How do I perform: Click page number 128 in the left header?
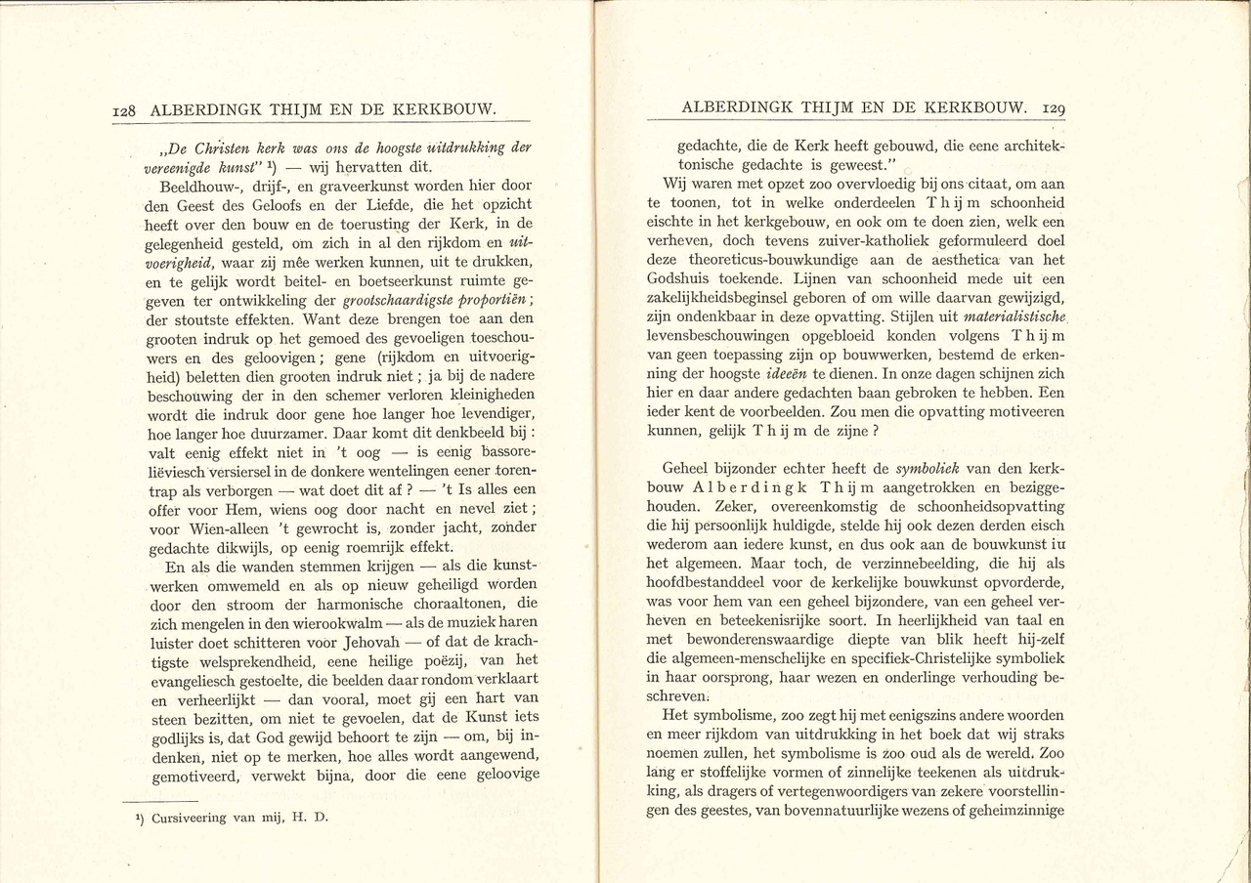point(129,111)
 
